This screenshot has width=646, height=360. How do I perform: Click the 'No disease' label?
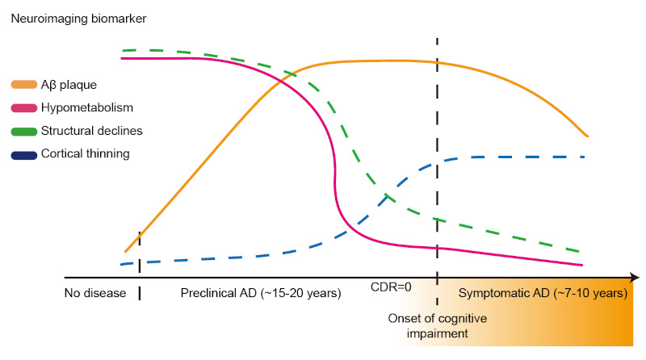(95, 292)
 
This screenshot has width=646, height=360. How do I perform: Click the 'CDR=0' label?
(391, 287)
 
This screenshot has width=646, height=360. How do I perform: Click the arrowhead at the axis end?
(636, 277)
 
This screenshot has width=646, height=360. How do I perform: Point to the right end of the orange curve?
(587, 136)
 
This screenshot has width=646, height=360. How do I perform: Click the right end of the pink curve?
(582, 265)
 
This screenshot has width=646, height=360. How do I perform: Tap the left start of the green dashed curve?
(123, 50)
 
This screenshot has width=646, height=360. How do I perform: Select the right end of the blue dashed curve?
(584, 156)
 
